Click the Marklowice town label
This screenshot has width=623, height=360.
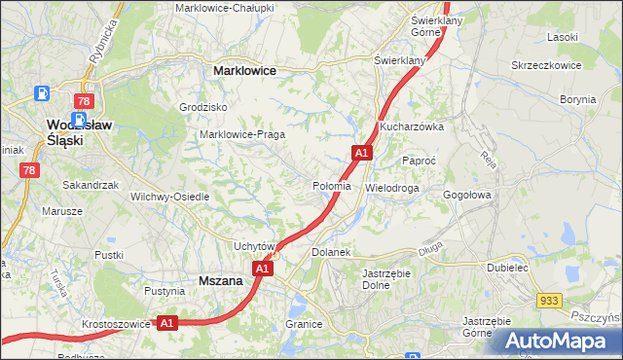pos(244,71)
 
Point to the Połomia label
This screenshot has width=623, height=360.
pos(331,186)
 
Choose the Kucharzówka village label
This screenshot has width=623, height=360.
pos(412,127)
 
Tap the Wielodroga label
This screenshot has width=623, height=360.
pos(391,187)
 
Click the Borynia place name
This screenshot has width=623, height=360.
pos(577,99)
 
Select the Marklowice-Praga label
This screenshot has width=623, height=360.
pos(240,134)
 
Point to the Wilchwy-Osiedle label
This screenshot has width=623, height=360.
pos(170,197)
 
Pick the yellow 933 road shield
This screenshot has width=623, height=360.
pos(551,303)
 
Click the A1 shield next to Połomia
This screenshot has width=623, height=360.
pos(361,153)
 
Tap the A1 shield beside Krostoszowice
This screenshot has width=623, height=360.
pos(166,322)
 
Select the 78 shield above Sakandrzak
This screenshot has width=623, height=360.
pos(29,170)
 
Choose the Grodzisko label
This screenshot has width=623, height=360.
pos(203,107)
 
